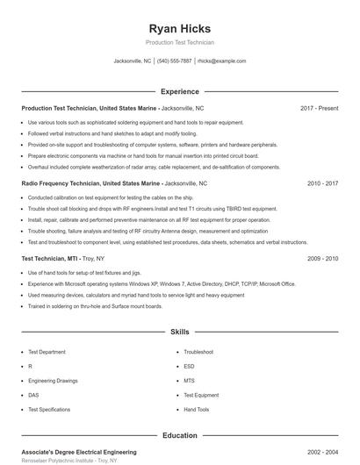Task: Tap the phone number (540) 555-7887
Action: click(x=175, y=61)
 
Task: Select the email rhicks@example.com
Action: click(x=221, y=61)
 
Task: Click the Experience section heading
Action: click(x=179, y=91)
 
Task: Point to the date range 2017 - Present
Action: click(x=319, y=108)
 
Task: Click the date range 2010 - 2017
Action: click(x=322, y=184)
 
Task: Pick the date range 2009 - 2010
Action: click(x=322, y=260)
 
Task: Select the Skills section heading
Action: click(x=179, y=333)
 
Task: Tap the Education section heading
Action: click(x=179, y=435)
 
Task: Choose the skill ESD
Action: click(x=189, y=367)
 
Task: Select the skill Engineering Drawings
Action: click(x=52, y=381)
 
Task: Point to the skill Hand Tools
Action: click(x=197, y=410)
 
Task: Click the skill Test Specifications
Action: click(x=49, y=410)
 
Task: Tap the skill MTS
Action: click(x=189, y=381)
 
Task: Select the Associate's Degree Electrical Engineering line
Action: click(x=79, y=451)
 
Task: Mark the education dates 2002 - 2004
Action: click(x=322, y=451)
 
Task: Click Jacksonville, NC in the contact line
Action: click(x=133, y=61)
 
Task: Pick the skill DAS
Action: click(x=33, y=396)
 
